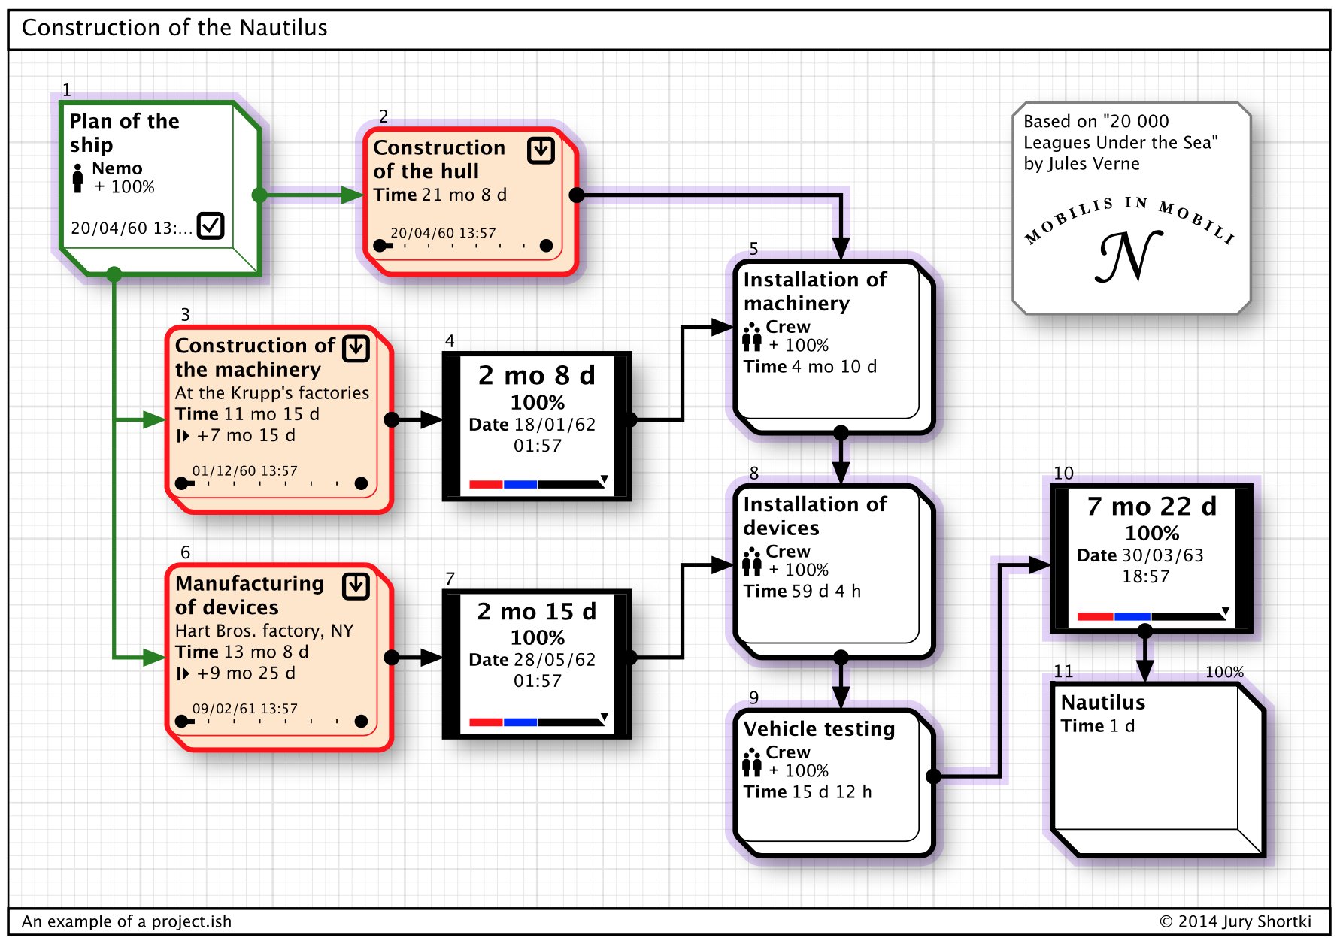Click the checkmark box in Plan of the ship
click(211, 225)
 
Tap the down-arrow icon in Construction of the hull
click(541, 150)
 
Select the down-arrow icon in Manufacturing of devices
click(356, 586)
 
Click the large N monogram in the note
click(1129, 256)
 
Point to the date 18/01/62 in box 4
click(555, 425)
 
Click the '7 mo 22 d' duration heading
click(1152, 507)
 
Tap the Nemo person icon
click(77, 178)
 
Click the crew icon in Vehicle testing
click(752, 762)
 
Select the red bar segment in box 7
click(486, 722)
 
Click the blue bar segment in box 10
click(1132, 616)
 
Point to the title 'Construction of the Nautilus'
click(174, 28)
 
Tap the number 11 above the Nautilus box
click(1063, 671)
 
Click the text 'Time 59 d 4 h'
click(802, 592)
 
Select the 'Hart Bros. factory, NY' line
click(264, 631)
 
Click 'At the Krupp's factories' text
click(272, 393)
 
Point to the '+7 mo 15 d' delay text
click(246, 436)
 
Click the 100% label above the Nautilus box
click(1224, 672)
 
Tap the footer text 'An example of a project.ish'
click(126, 921)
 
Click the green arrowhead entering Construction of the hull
click(352, 195)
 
